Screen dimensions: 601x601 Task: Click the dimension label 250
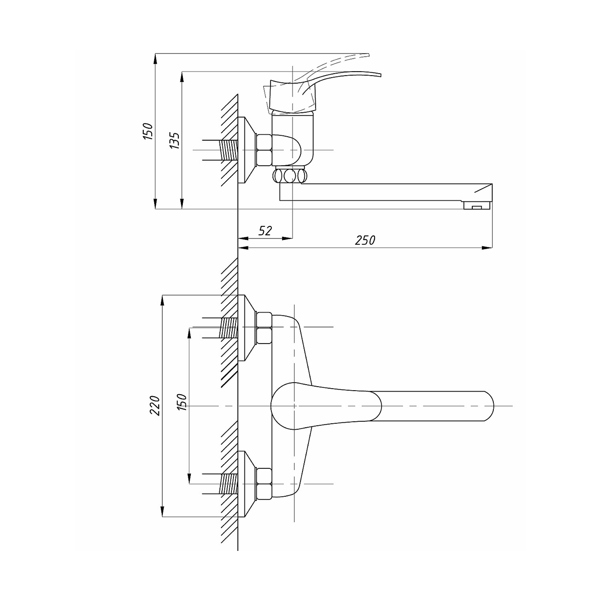click(365, 240)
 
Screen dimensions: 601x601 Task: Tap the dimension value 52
click(265, 230)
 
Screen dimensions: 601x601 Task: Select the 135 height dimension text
click(175, 140)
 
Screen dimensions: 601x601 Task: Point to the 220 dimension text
click(155, 406)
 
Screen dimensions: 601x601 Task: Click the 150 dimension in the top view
click(148, 131)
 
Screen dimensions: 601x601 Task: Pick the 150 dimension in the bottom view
click(182, 402)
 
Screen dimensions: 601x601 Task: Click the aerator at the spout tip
click(476, 205)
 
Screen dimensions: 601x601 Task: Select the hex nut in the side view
click(264, 150)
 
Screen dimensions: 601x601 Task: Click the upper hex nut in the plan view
click(264, 328)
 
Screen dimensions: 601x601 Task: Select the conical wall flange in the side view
click(247, 150)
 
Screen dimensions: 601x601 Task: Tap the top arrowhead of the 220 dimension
click(162, 299)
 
